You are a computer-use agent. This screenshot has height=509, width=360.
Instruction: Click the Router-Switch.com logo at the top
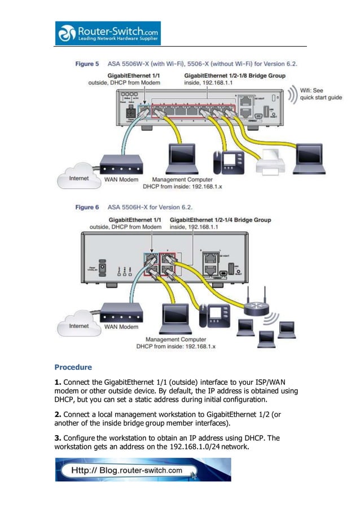107,33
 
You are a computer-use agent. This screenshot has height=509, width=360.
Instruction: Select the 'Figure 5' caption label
87,64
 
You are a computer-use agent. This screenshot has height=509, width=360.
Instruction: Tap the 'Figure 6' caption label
87,208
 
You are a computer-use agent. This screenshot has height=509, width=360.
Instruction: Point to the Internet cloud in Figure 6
78,326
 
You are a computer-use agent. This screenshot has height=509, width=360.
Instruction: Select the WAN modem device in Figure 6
121,313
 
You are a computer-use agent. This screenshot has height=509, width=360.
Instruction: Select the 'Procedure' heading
73,367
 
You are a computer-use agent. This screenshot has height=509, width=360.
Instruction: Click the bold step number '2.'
58,414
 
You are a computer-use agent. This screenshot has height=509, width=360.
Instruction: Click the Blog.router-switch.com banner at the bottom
143,469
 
